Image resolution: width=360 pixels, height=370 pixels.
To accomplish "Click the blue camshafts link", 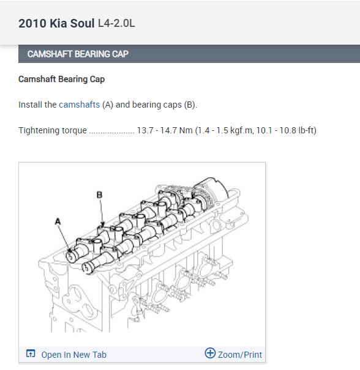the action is (x=80, y=105).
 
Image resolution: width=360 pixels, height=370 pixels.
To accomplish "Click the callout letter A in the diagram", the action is (x=58, y=221).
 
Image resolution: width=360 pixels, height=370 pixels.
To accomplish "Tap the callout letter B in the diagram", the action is (x=99, y=194).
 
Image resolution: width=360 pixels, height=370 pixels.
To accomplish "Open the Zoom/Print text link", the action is (x=240, y=355).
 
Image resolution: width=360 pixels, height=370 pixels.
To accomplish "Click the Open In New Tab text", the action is (x=73, y=355).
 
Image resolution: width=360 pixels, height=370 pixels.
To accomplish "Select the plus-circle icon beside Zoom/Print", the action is (x=210, y=353).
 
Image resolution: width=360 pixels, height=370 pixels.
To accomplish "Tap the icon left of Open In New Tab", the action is (x=31, y=353).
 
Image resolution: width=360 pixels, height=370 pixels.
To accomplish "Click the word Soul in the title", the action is (x=82, y=23).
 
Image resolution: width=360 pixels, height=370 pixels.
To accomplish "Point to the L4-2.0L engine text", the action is (x=116, y=23).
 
